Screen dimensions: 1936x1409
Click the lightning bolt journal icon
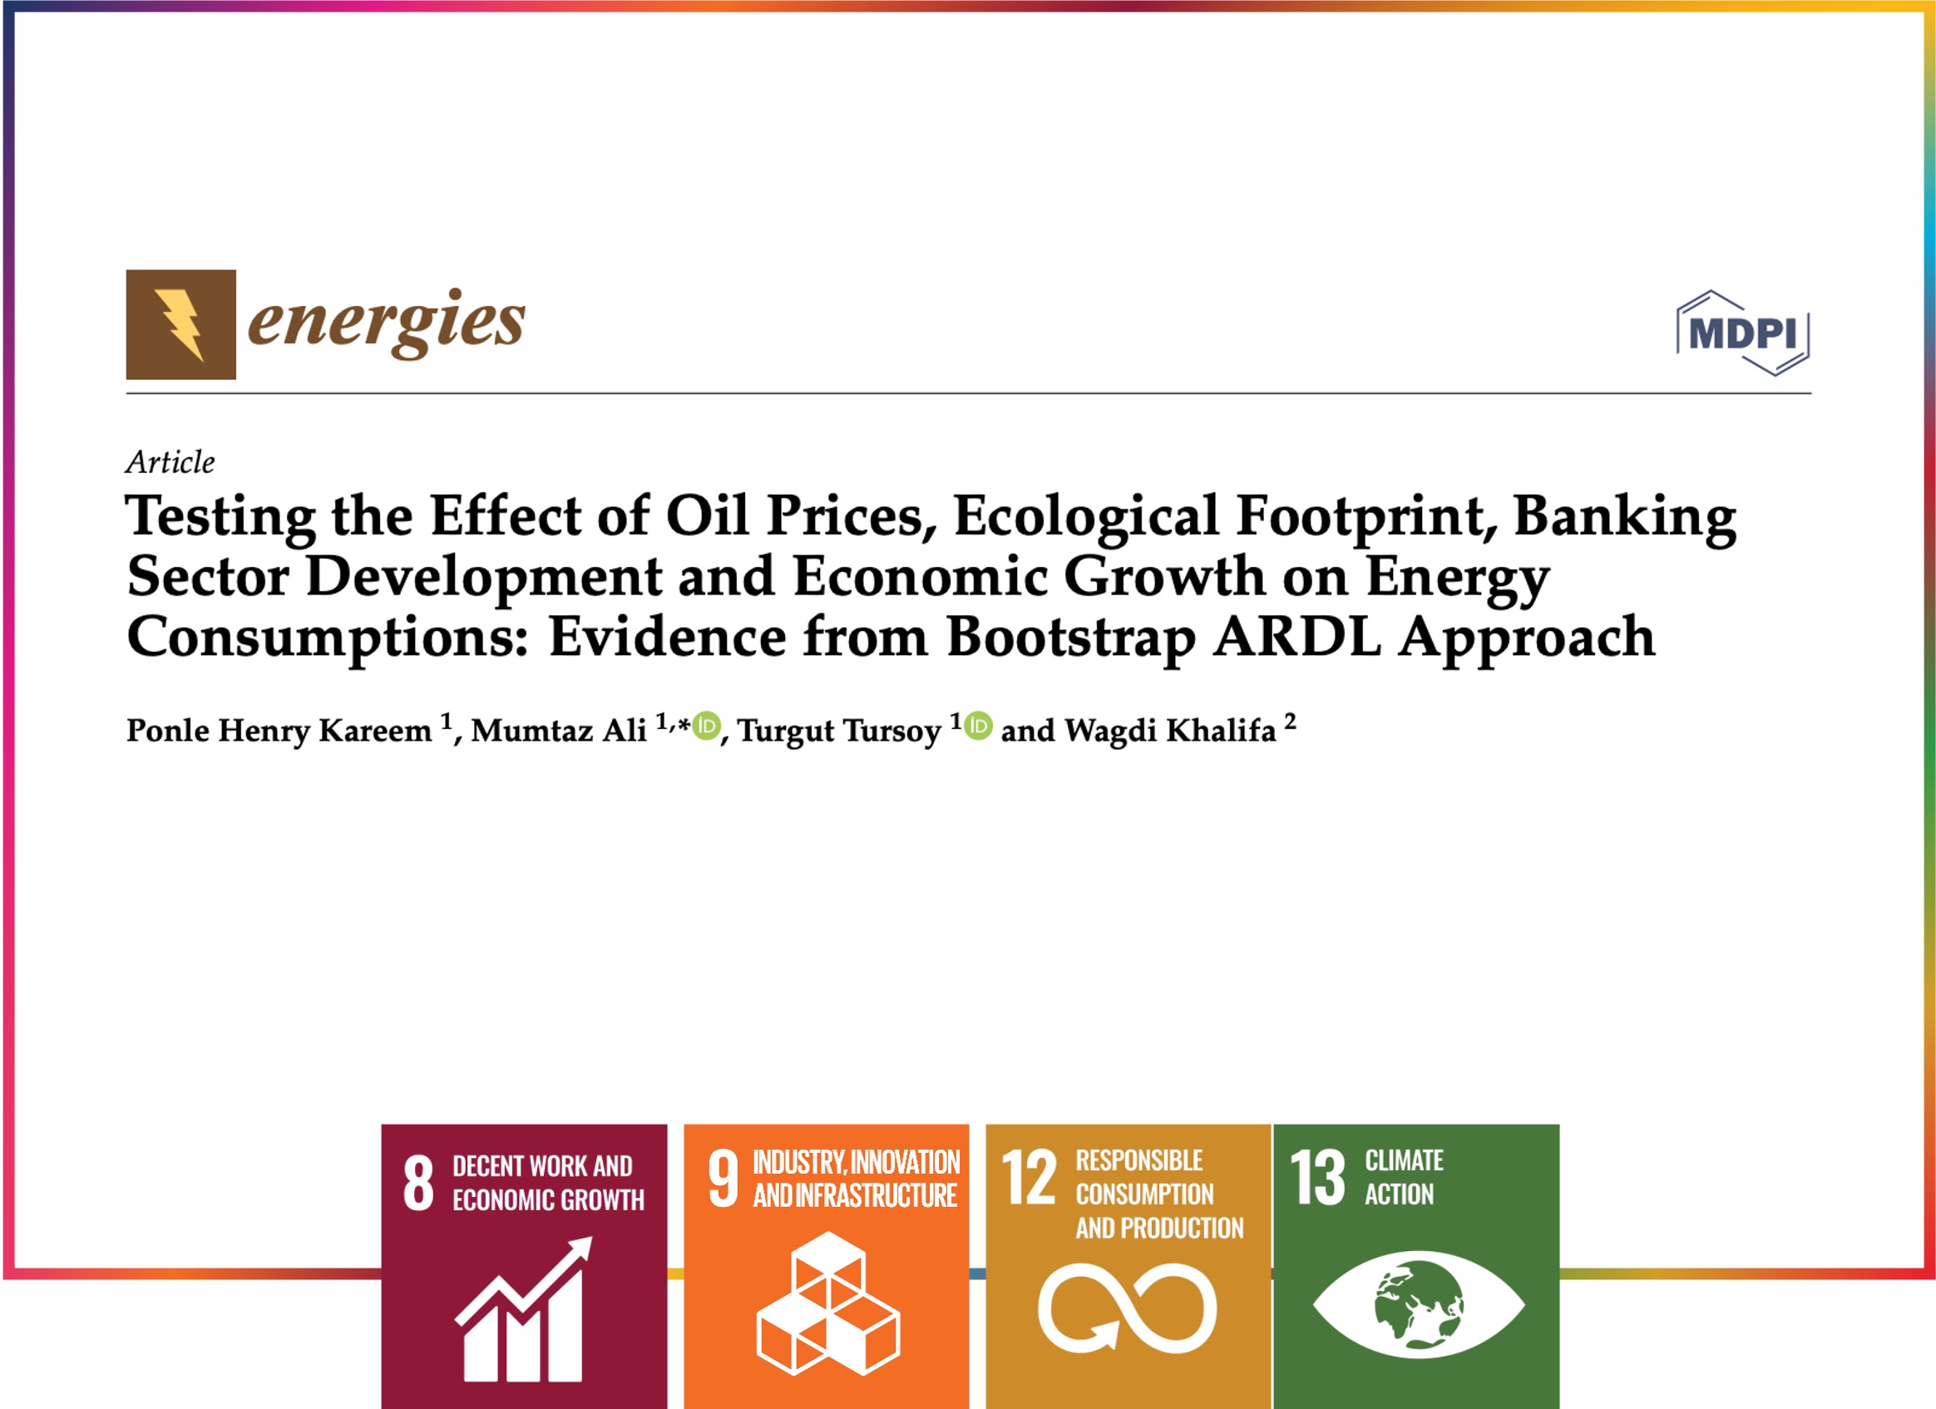pos(181,324)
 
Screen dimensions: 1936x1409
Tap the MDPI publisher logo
pos(1743,333)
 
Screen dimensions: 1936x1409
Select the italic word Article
pos(170,461)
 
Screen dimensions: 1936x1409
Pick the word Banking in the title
pos(1625,517)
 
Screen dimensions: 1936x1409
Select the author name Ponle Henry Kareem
pos(279,730)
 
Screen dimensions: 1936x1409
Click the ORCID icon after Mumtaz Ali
pos(706,727)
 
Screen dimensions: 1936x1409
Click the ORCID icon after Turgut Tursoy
pos(978,727)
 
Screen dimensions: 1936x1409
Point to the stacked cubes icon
pos(827,1303)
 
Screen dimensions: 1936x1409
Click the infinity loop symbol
pos(1128,1308)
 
